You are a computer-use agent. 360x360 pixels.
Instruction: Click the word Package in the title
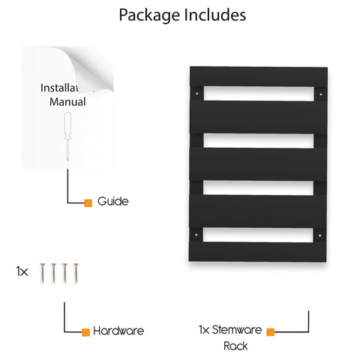tap(149, 16)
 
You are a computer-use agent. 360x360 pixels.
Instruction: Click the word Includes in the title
tap(215, 15)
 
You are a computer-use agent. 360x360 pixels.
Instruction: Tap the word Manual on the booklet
tap(67, 102)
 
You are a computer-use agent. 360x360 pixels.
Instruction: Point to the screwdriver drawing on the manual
tap(67, 136)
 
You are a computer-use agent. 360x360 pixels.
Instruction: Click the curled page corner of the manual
tap(90, 67)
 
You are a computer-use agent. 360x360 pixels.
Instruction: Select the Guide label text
tap(113, 201)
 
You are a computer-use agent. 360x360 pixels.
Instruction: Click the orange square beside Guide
tap(88, 203)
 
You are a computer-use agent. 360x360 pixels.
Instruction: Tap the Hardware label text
tap(118, 331)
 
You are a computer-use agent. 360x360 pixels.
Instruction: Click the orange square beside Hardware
tap(85, 332)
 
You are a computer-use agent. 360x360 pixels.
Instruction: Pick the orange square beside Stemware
tap(271, 332)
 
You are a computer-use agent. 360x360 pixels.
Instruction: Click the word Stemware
tap(237, 330)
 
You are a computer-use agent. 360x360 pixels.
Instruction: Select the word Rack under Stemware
tap(235, 346)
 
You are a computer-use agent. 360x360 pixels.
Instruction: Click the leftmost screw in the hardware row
tap(43, 273)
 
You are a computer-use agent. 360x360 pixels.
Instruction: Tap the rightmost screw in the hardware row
tap(76, 273)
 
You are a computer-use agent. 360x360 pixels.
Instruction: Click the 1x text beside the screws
tap(22, 271)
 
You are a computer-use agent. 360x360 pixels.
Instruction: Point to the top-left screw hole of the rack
tap(197, 94)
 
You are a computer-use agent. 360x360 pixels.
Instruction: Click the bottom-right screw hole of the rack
tap(319, 235)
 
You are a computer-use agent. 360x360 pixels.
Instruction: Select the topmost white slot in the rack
tap(259, 94)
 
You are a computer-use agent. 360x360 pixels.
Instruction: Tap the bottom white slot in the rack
tap(258, 235)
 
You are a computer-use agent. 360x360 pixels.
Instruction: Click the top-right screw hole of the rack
tap(321, 94)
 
